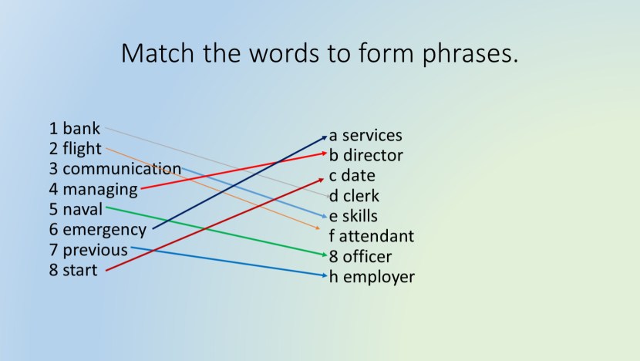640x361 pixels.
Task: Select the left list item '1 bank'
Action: tap(75, 128)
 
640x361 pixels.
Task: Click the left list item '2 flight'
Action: tap(76, 148)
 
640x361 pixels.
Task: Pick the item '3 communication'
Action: tap(115, 168)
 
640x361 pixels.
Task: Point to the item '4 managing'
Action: tap(93, 188)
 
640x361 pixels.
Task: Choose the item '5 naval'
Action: tap(76, 208)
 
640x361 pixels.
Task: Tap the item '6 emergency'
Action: tap(97, 229)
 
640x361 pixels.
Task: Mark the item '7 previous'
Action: tap(88, 250)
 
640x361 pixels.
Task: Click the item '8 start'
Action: tap(73, 270)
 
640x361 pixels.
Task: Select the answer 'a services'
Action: tap(366, 135)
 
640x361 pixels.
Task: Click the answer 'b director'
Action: tap(366, 155)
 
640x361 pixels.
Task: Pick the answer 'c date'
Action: tap(352, 175)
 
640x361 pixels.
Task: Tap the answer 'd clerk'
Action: tap(354, 196)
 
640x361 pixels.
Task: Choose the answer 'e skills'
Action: tap(353, 216)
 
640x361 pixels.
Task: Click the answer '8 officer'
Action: tap(361, 256)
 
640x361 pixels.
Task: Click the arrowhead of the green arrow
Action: tap(325, 255)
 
